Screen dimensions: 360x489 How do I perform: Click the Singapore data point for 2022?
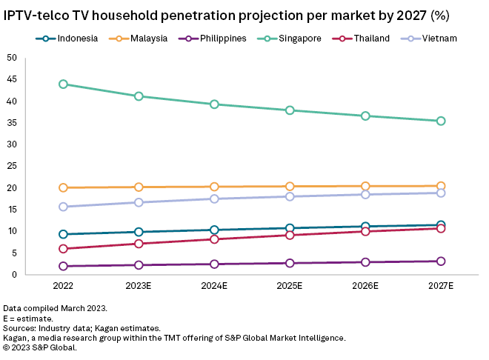point(63,84)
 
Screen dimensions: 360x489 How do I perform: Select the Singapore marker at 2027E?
point(441,121)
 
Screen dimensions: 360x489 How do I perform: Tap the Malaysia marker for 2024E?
point(214,187)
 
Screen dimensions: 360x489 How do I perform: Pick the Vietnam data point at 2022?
point(63,207)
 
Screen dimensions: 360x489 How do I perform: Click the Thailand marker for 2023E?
point(139,244)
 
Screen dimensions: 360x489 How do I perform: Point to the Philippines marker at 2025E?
point(290,263)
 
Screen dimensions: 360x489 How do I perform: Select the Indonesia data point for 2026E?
point(365,227)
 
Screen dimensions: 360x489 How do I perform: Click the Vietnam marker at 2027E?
point(441,193)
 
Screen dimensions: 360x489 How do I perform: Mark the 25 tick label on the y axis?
point(12,167)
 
